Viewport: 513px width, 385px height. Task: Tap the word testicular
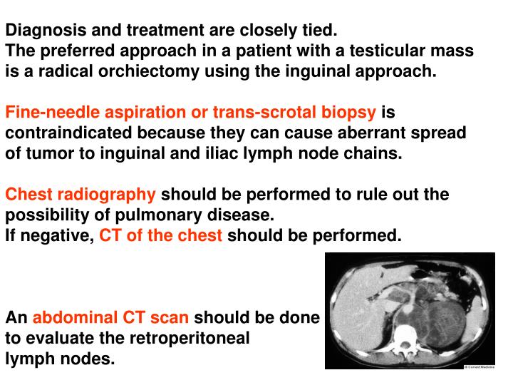pyautogui.click(x=388, y=51)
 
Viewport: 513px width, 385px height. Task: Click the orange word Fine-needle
pyautogui.click(x=49, y=113)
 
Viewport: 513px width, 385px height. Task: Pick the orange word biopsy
pyautogui.click(x=350, y=113)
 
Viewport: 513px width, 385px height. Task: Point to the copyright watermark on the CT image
pyautogui.click(x=479, y=366)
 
